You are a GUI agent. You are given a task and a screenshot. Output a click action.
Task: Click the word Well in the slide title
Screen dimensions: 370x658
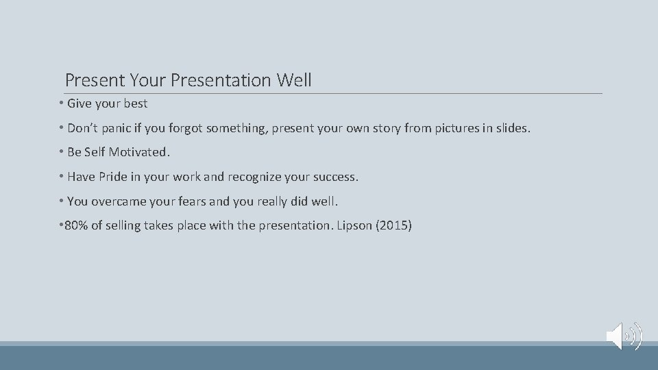pos(294,80)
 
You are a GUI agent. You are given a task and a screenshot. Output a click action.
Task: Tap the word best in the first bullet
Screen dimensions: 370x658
pos(135,104)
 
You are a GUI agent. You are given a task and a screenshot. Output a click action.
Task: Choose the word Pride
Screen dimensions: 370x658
pos(113,177)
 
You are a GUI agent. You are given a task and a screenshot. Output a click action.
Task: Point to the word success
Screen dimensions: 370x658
pos(334,177)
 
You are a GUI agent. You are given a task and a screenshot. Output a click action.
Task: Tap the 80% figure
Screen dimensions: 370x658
pos(77,225)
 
